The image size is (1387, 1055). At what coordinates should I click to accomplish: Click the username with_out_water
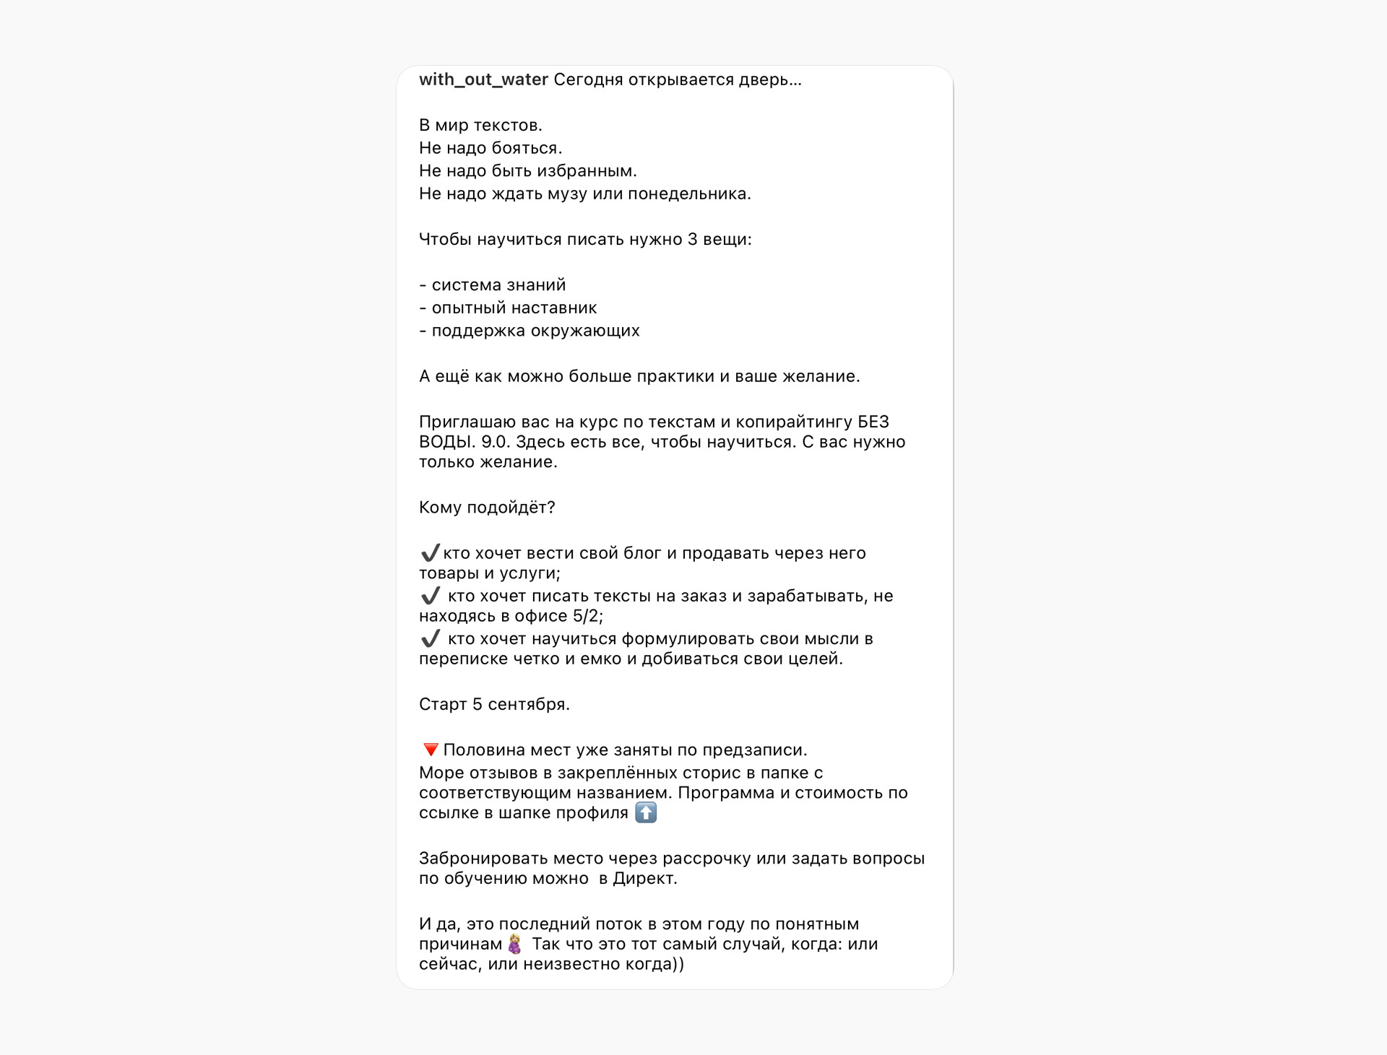[483, 79]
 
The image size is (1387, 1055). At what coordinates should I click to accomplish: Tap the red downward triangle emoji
[431, 750]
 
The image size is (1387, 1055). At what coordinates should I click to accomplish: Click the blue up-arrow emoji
[646, 812]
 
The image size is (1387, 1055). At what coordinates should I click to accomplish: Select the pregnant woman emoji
[514, 944]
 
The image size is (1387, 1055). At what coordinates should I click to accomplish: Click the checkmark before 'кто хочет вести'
[430, 553]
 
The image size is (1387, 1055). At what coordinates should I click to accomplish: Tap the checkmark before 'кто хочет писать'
[430, 596]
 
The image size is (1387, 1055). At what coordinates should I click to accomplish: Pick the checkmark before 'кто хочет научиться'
[430, 638]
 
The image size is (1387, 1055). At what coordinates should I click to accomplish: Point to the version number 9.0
[495, 442]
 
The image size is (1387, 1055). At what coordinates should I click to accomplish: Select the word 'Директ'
[644, 879]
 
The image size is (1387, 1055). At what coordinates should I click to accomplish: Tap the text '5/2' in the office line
[587, 616]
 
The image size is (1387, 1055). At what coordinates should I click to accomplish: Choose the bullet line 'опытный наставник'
[514, 308]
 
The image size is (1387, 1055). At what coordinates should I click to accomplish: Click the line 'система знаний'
[498, 285]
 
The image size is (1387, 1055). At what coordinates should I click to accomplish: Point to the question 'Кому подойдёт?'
[487, 508]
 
